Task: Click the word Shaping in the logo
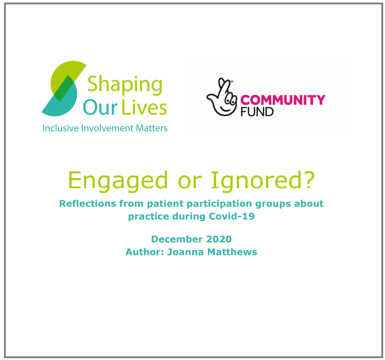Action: click(x=125, y=86)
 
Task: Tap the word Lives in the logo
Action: click(x=144, y=107)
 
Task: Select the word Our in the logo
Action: click(x=100, y=107)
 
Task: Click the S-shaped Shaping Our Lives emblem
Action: click(x=64, y=88)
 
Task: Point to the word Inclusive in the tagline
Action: click(x=61, y=128)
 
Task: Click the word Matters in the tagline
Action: click(x=152, y=128)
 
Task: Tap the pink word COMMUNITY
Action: click(x=283, y=100)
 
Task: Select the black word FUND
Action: click(x=257, y=112)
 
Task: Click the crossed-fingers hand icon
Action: click(x=222, y=97)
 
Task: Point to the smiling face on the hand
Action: click(x=227, y=103)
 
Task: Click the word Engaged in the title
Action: click(x=118, y=181)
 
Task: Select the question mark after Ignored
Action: click(x=309, y=179)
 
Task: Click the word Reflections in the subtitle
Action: click(x=88, y=203)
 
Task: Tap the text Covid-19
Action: click(x=232, y=216)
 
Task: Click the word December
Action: click(x=177, y=239)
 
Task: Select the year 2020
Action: click(x=219, y=239)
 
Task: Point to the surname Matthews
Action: click(x=232, y=252)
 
